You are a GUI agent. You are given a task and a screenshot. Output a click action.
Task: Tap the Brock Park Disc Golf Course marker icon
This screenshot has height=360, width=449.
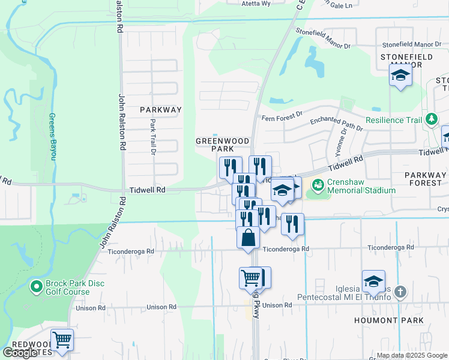pos(35,286)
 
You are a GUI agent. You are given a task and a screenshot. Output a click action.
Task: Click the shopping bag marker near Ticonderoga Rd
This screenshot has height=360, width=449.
pos(248,238)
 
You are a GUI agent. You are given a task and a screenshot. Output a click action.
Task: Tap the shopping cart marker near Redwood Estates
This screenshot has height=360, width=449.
pos(62,340)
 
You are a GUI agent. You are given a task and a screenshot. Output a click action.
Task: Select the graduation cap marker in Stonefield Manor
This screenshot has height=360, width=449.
pos(400,76)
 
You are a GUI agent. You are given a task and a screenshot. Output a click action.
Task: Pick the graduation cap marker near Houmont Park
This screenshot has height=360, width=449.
pos(373,281)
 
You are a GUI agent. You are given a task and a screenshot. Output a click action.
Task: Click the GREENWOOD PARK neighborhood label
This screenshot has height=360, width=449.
pos(222,145)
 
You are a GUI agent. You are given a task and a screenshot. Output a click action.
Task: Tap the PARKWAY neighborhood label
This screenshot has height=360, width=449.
pos(160,110)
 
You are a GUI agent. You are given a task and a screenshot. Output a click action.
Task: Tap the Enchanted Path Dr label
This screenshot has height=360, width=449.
pos(336,124)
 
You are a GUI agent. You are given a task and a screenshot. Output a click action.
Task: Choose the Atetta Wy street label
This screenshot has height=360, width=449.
pos(248,3)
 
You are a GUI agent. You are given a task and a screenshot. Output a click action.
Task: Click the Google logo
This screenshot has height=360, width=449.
pos(20,353)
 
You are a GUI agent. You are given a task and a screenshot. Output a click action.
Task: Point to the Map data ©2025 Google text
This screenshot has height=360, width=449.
pos(411,355)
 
